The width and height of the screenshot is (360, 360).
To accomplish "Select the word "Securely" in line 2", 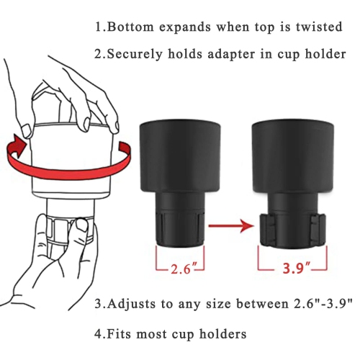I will click(x=138, y=55).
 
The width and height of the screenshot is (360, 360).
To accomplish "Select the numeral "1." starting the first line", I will click(x=101, y=27).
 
